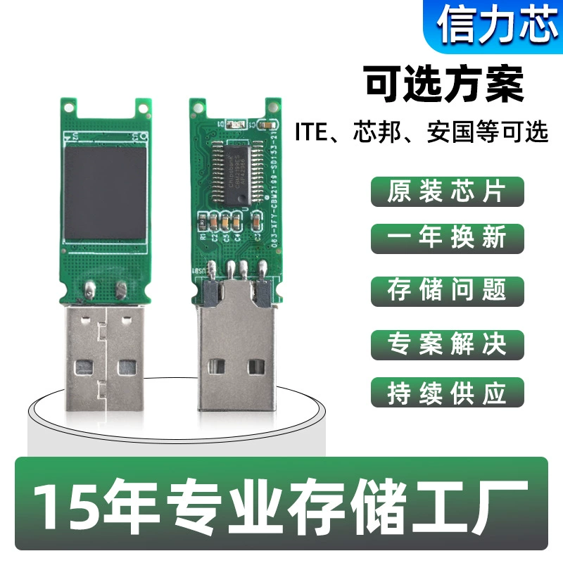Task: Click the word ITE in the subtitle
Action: [x=313, y=132]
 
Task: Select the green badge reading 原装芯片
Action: [x=447, y=191]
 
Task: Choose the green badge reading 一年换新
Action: [x=447, y=238]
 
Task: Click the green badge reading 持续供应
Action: [x=447, y=393]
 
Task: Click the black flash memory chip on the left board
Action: [x=106, y=192]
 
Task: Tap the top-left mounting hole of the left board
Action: [x=70, y=108]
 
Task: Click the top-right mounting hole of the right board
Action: [x=272, y=108]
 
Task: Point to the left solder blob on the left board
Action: [x=90, y=286]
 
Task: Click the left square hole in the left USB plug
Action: [x=85, y=367]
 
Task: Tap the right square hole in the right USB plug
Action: [x=258, y=366]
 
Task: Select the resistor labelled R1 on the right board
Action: [x=203, y=222]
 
